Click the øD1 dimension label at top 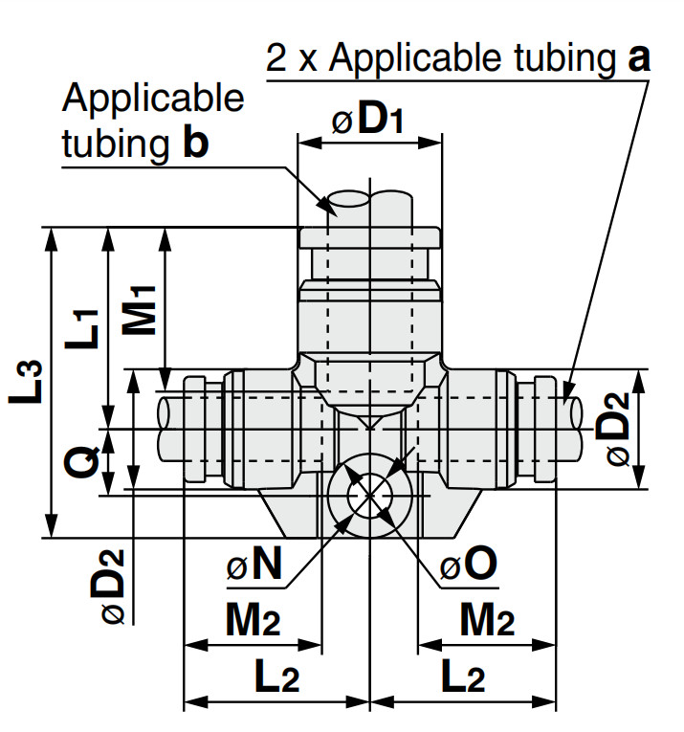367,121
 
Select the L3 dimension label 26,382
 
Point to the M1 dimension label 139,310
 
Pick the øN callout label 254,564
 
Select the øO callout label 468,564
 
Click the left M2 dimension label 254,619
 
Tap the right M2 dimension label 488,619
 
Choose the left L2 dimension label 277,676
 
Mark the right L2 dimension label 463,676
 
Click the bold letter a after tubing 638,58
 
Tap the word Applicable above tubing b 153,99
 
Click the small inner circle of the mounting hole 370,497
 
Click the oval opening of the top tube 349,199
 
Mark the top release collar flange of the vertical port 369,237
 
